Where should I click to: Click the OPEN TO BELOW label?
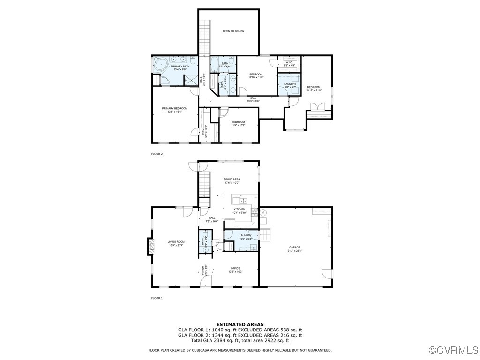coord(233,31)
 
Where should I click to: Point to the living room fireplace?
coord(150,246)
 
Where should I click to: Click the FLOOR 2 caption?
coord(157,154)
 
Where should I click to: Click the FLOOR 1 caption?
coord(157,298)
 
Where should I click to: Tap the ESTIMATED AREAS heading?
coord(240,324)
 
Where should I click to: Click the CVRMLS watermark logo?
coord(454,350)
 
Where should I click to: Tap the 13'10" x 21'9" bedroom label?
coord(314,89)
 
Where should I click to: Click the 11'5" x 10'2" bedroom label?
coord(238,124)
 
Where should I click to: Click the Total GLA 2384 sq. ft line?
coord(240,341)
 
